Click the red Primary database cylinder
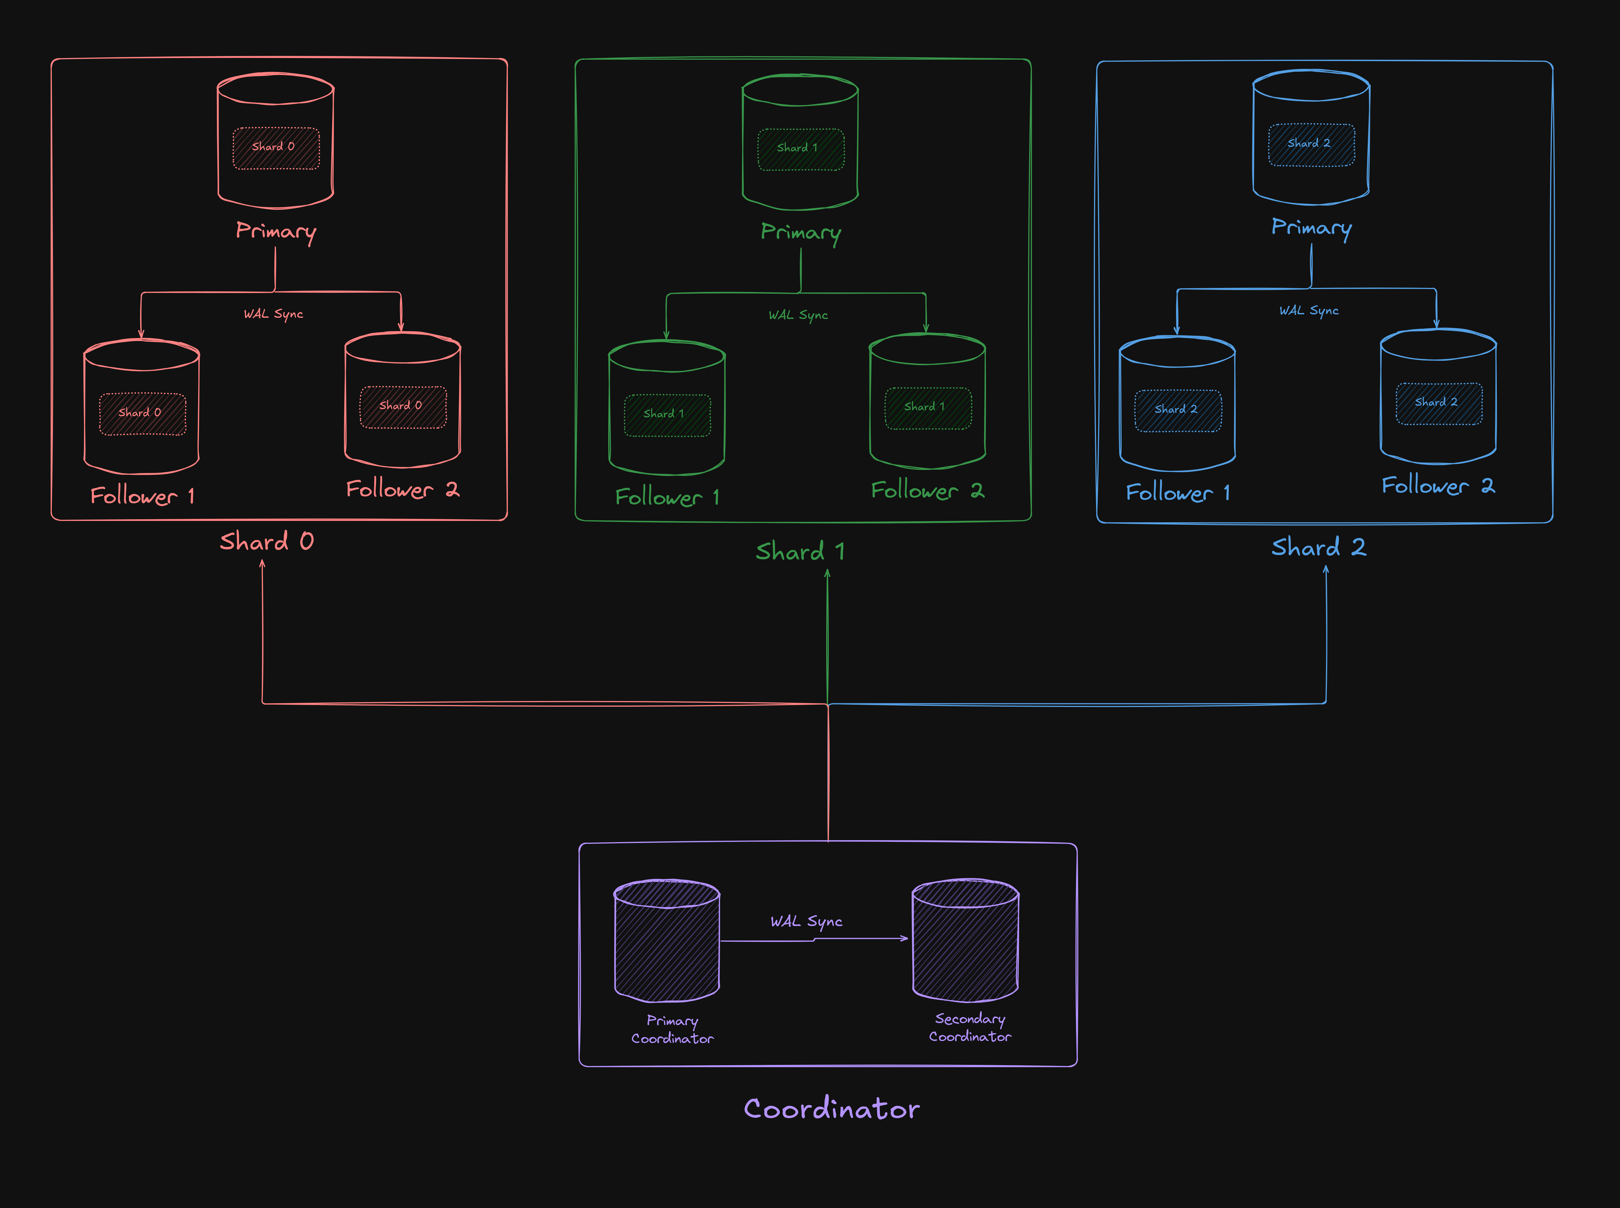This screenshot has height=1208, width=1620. pos(276,140)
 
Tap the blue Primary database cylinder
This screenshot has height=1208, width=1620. pos(1311,137)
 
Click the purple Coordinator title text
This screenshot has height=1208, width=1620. pos(832,1109)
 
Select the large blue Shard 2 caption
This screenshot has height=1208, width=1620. pos(1319,547)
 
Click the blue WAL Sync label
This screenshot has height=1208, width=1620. pos(1309,311)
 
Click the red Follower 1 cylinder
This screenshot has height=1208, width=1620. pos(142,407)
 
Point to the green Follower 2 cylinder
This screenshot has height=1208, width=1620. pos(927,401)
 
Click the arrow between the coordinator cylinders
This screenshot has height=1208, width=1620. pos(814,940)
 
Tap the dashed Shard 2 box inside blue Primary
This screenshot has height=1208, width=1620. pos(1311,145)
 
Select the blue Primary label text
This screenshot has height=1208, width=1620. pos(1311,228)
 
